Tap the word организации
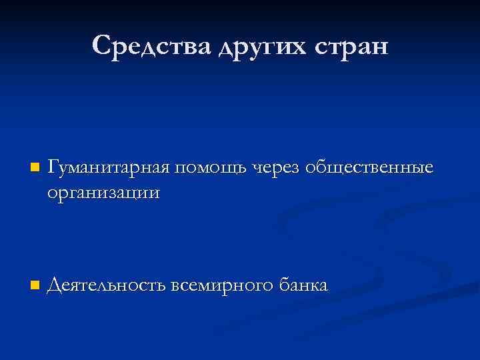point(104,193)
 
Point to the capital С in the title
point(102,45)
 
